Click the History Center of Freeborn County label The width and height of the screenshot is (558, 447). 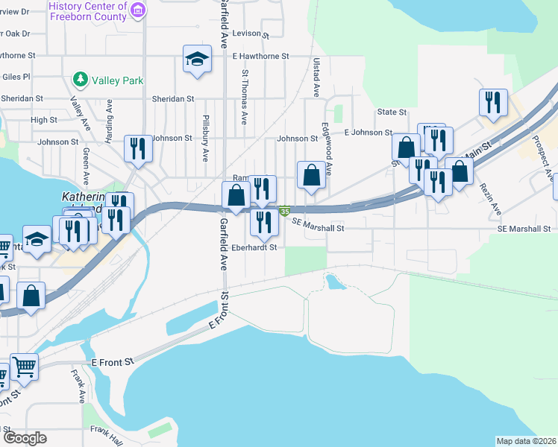click(88, 10)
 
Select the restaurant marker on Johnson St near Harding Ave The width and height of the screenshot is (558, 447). click(138, 148)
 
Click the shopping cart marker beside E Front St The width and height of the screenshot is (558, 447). click(24, 366)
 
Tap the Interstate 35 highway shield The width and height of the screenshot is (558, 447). click(284, 212)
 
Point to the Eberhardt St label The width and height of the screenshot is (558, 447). click(254, 247)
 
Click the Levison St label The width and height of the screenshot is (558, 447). click(250, 34)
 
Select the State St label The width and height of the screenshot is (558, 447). click(392, 112)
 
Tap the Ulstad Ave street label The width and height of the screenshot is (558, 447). click(316, 77)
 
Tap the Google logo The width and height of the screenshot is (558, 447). click(25, 438)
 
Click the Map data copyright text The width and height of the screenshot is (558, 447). click(525, 441)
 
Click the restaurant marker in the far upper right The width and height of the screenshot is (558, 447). click(493, 103)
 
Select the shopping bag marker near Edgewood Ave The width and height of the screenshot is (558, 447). click(312, 175)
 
